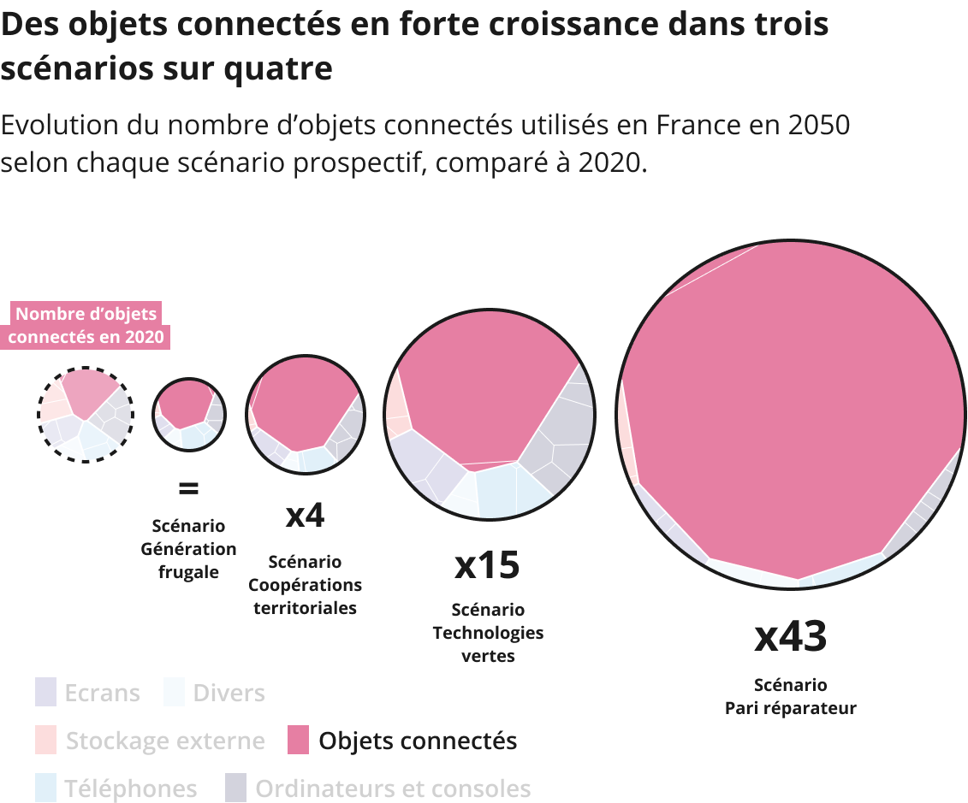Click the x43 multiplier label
click(x=790, y=636)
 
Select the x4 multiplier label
click(x=305, y=516)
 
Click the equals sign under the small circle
click(x=188, y=489)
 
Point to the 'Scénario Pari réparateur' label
click(x=790, y=696)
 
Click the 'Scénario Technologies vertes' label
click(x=488, y=633)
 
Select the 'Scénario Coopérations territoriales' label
click(x=305, y=585)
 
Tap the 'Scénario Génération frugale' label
click(x=188, y=549)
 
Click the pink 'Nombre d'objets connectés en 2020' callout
click(x=86, y=325)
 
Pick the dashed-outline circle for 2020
click(x=85, y=415)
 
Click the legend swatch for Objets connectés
click(x=298, y=740)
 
